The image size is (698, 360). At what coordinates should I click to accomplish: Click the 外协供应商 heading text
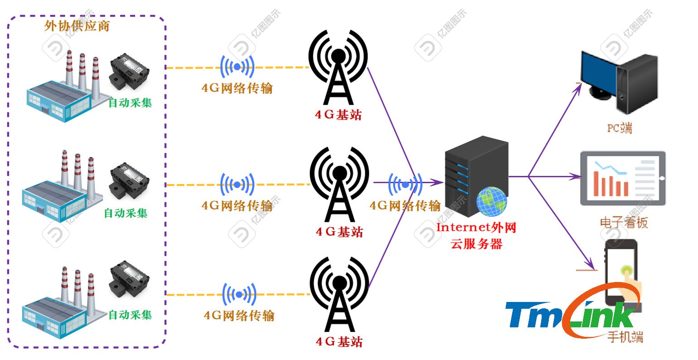pyautogui.click(x=77, y=26)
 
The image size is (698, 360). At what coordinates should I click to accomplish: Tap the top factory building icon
pyautogui.click(x=61, y=91)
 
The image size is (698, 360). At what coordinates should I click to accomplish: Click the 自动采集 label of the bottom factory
pyautogui.click(x=130, y=315)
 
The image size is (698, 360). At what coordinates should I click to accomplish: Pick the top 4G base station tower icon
pyautogui.click(x=338, y=68)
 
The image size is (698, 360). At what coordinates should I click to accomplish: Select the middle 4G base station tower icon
pyautogui.click(x=339, y=184)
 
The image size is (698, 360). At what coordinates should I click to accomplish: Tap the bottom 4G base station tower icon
pyautogui.click(x=339, y=295)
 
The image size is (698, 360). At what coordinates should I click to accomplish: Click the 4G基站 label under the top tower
pyautogui.click(x=339, y=115)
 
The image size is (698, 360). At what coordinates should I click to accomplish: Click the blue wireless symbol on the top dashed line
pyautogui.click(x=237, y=67)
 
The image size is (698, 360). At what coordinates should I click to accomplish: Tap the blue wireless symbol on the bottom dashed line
pyautogui.click(x=239, y=295)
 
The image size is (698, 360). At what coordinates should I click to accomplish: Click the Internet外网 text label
pyautogui.click(x=476, y=227)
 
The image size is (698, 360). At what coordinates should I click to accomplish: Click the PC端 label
pyautogui.click(x=619, y=128)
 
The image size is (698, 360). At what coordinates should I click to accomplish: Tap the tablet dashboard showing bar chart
pyautogui.click(x=623, y=178)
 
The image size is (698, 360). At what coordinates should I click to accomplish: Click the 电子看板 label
pyautogui.click(x=624, y=222)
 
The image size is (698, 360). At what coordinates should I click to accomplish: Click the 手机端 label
pyautogui.click(x=625, y=337)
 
